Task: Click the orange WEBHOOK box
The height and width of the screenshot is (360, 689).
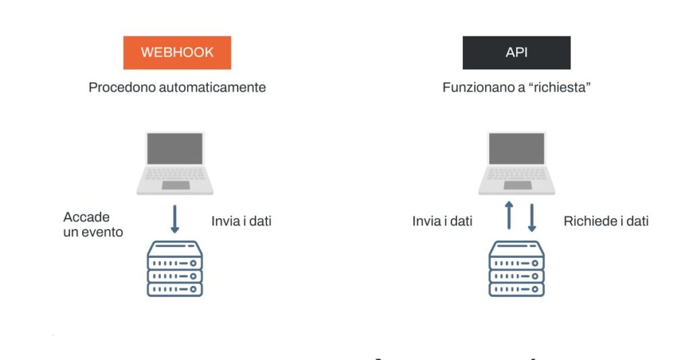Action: pyautogui.click(x=177, y=52)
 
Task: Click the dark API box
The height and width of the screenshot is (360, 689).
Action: pyautogui.click(x=516, y=52)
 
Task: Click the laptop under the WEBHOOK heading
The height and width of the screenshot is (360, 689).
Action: pyautogui.click(x=175, y=163)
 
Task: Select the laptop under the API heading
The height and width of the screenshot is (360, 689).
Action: pyautogui.click(x=517, y=163)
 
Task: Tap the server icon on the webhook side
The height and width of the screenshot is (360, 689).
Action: pyautogui.click(x=175, y=268)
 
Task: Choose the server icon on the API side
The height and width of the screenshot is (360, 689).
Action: pyautogui.click(x=517, y=268)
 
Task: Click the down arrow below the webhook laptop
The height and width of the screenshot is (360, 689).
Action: pyautogui.click(x=175, y=219)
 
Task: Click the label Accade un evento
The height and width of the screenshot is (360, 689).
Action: pyautogui.click(x=93, y=225)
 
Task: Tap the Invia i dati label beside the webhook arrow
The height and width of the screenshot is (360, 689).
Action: pyautogui.click(x=241, y=221)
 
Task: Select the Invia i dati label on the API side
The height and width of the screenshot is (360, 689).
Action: pyautogui.click(x=442, y=221)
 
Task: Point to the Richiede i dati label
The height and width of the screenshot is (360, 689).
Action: pyautogui.click(x=606, y=221)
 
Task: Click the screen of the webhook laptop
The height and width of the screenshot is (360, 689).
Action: pyautogui.click(x=175, y=149)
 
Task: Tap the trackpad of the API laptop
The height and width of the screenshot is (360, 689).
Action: pyautogui.click(x=517, y=185)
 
